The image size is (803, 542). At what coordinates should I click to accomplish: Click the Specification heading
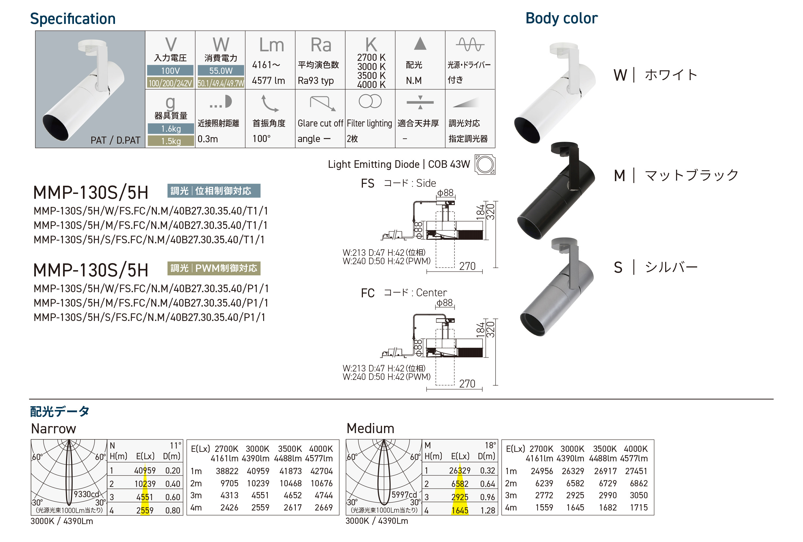pyautogui.click(x=73, y=19)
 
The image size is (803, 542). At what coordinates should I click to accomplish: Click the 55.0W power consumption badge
pyautogui.click(x=220, y=71)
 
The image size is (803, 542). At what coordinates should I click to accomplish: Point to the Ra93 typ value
pyautogui.click(x=315, y=81)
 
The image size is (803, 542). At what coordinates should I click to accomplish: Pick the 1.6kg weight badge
pyautogui.click(x=171, y=129)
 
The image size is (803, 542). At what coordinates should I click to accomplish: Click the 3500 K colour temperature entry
pyautogui.click(x=371, y=75)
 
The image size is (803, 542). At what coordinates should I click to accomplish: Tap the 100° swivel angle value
pyautogui.click(x=261, y=139)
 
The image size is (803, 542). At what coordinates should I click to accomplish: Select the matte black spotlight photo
pyautogui.click(x=556, y=192)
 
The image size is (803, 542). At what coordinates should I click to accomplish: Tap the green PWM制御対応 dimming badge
pyautogui.click(x=214, y=268)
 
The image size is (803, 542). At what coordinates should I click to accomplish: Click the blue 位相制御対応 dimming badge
pyautogui.click(x=214, y=191)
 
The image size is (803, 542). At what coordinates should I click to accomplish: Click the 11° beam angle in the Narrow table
pyautogui.click(x=175, y=446)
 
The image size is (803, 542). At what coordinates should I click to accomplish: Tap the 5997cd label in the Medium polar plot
pyautogui.click(x=404, y=494)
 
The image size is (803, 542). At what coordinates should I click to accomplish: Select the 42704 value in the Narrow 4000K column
pyautogui.click(x=321, y=471)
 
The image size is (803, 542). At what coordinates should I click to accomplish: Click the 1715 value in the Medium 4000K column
pyautogui.click(x=638, y=508)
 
